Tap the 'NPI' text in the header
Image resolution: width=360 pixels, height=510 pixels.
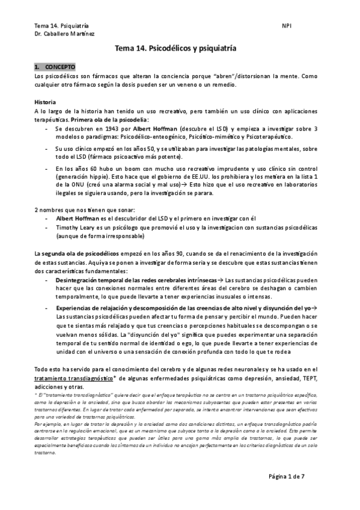[285, 26]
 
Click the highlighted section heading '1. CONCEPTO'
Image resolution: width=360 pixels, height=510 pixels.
[55, 66]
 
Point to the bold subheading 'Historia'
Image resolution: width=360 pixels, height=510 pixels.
[46, 102]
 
